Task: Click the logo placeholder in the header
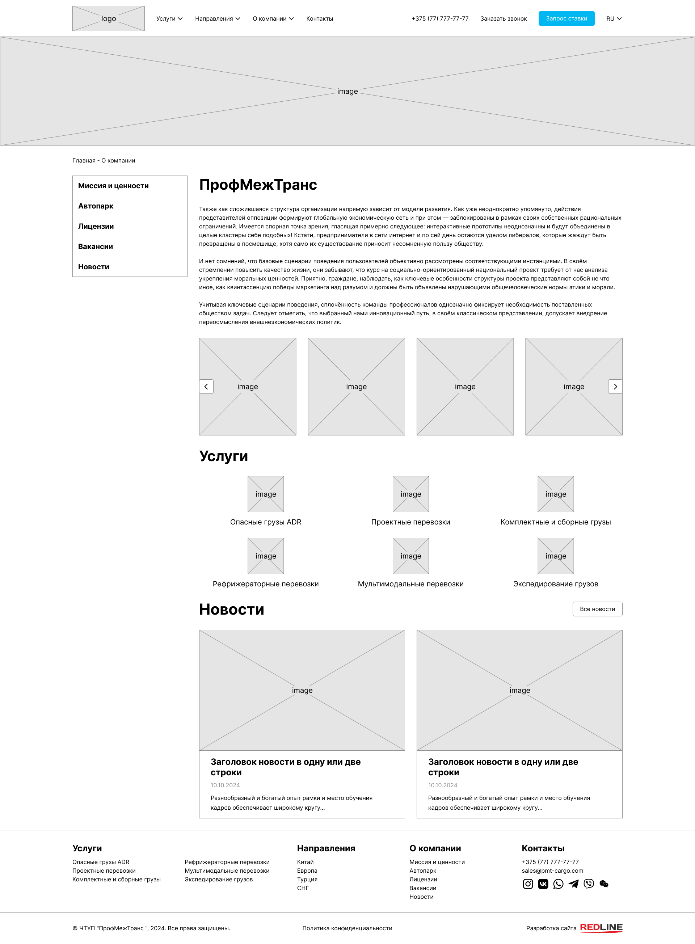pyautogui.click(x=108, y=18)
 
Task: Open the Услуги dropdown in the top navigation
pyautogui.click(x=169, y=18)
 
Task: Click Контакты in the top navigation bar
pyautogui.click(x=319, y=18)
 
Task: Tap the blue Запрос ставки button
pyautogui.click(x=566, y=18)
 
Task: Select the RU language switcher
pyautogui.click(x=614, y=18)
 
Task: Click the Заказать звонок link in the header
pyautogui.click(x=503, y=18)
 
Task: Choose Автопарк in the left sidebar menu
pyautogui.click(x=96, y=206)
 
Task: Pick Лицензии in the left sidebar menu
pyautogui.click(x=96, y=226)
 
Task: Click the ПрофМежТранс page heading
pyautogui.click(x=258, y=185)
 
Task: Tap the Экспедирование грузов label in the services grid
pyautogui.click(x=555, y=583)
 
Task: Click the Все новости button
pyautogui.click(x=597, y=609)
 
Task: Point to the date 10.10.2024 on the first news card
pyautogui.click(x=225, y=785)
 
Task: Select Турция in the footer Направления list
pyautogui.click(x=307, y=879)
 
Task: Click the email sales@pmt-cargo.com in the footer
pyautogui.click(x=552, y=871)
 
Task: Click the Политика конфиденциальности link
pyautogui.click(x=347, y=928)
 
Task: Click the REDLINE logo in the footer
pyautogui.click(x=601, y=927)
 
